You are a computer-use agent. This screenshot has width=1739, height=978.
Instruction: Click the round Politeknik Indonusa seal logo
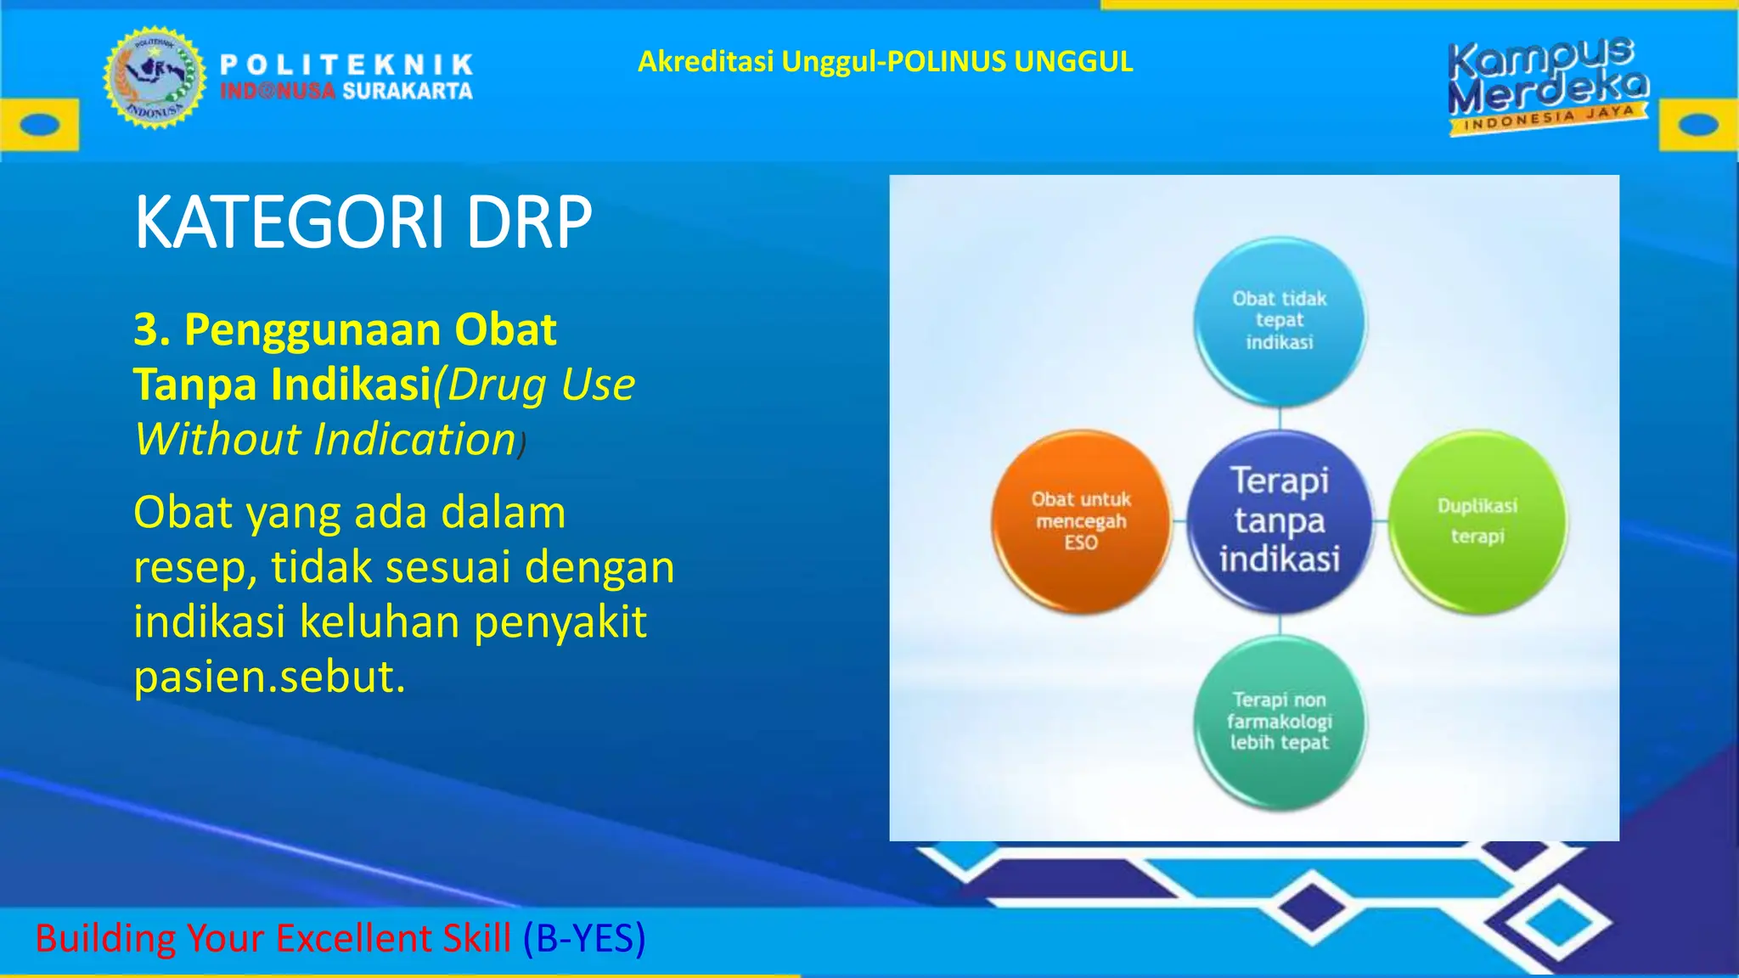pos(155,77)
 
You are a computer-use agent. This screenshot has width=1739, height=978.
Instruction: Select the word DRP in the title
pos(528,222)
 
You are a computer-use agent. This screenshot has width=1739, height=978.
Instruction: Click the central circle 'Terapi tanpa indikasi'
pos(1280,520)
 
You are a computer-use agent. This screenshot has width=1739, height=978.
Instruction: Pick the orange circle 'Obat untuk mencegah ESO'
pos(1081,520)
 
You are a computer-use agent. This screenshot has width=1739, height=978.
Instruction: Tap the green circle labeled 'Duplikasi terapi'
pos(1477,520)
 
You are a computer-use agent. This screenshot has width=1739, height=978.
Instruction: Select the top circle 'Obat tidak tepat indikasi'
pos(1280,321)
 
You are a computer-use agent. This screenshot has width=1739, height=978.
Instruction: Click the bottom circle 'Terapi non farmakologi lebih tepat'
pos(1280,722)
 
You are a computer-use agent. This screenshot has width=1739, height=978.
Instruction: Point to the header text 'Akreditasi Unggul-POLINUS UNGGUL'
pos(885,61)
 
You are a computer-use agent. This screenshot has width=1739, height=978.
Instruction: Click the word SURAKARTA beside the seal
pos(408,91)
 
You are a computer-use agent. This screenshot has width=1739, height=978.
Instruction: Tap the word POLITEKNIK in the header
pos(346,65)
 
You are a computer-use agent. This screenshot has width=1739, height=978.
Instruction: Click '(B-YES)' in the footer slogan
pos(584,938)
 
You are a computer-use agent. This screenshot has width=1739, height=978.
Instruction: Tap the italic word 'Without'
pos(217,440)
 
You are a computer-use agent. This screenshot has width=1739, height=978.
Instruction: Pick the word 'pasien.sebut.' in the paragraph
pos(269,677)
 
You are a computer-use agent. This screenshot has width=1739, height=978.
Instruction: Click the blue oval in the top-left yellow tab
pos(39,125)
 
